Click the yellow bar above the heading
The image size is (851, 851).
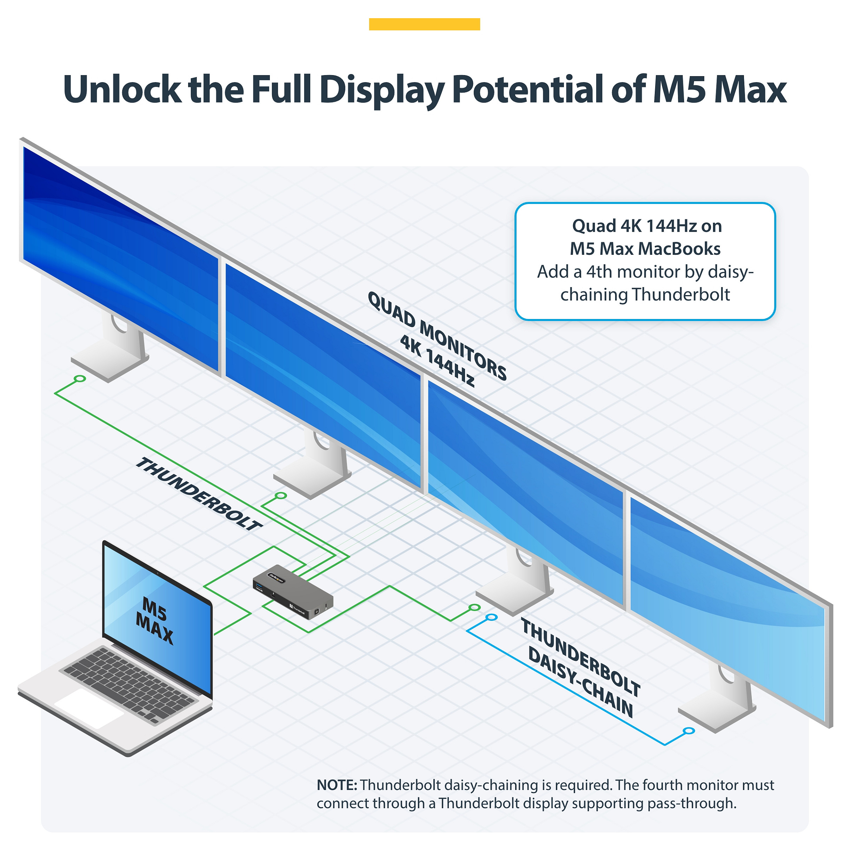[x=424, y=24]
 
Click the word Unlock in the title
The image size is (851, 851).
[x=122, y=89]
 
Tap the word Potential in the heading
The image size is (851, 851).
[x=528, y=89]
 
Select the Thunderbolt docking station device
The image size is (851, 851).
[x=293, y=592]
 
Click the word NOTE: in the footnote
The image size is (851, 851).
[x=337, y=785]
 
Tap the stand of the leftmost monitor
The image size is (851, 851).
[x=111, y=348]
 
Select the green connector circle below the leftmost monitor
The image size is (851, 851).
[x=80, y=378]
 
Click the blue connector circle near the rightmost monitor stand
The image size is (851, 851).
[x=689, y=731]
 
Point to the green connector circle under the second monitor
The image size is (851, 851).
[x=281, y=496]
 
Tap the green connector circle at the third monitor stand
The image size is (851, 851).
[x=474, y=607]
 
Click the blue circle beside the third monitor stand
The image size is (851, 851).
[x=492, y=617]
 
